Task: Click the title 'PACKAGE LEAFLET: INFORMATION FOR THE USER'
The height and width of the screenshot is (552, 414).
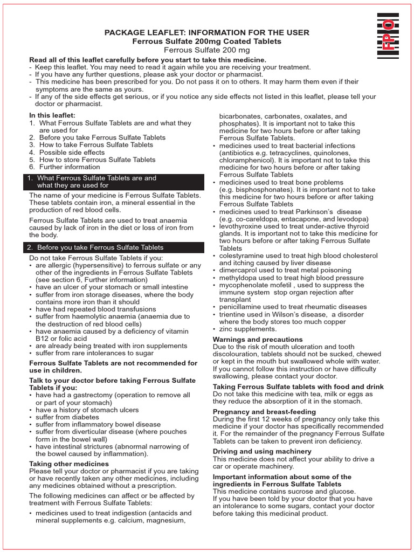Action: point(207,33)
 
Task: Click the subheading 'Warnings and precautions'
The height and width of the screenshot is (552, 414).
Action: point(258,340)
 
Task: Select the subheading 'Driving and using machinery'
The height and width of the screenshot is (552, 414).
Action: point(262,451)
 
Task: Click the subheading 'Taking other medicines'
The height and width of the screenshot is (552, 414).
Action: point(68,464)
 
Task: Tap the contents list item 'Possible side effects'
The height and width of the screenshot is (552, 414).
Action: point(72,153)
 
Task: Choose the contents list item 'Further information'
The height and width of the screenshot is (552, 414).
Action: point(70,167)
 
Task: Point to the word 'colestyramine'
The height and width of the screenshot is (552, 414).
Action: point(242,256)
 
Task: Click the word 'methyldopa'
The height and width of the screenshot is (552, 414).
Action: point(238,278)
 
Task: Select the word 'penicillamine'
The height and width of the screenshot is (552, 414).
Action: point(241,307)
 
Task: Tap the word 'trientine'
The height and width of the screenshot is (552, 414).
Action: point(233,314)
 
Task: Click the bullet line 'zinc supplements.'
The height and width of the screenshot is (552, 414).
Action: point(247,329)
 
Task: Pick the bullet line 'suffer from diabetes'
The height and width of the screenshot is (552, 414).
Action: point(68,417)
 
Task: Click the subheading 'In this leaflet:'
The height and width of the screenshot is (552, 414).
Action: point(52,115)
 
